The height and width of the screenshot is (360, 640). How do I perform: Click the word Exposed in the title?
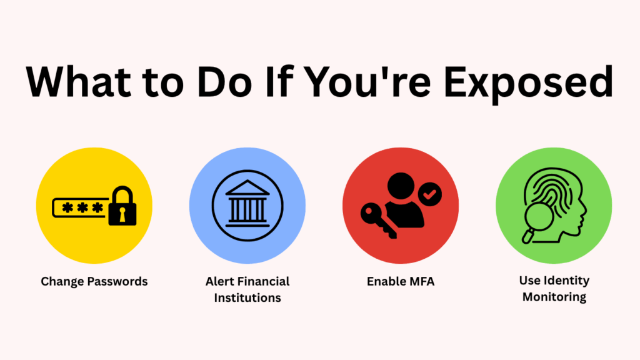point(529,83)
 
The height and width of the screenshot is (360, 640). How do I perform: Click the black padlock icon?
point(122,206)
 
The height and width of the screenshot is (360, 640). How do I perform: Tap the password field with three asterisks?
point(81,207)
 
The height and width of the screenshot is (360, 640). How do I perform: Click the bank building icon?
point(247,205)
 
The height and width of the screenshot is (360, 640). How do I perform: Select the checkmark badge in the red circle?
point(429,194)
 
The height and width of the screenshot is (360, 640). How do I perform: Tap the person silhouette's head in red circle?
point(401,186)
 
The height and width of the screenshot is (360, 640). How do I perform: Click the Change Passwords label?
point(94,282)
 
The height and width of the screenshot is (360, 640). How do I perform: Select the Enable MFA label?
point(401,282)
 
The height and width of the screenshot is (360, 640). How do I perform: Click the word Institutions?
point(247,298)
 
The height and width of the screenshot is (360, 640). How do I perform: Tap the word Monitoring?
point(554,297)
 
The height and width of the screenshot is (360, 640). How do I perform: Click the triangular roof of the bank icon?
point(247,187)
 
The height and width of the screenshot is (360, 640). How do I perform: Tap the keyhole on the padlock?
point(122,214)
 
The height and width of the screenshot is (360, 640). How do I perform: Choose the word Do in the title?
point(224,82)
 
